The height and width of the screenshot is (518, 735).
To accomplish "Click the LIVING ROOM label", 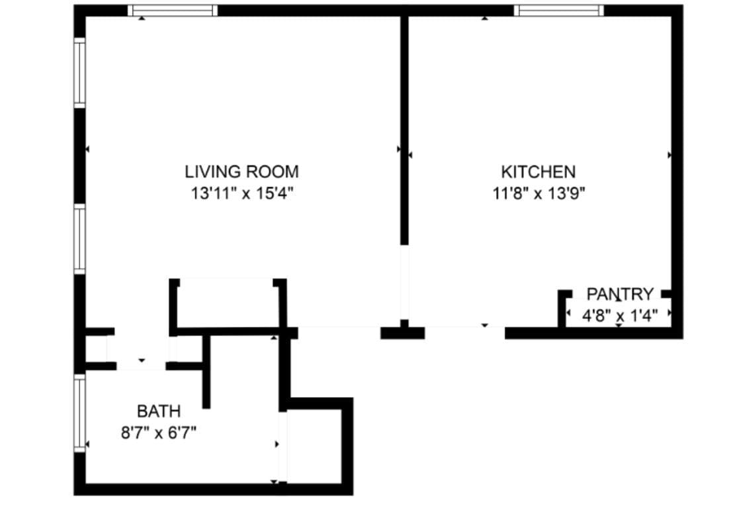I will coord(241,172).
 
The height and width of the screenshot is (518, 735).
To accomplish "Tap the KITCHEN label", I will coord(538,172).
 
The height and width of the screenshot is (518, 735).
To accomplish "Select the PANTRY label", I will coord(620,294).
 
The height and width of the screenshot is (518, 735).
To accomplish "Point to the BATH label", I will coord(158,411).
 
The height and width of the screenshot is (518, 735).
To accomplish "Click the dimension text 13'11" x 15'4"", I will coord(241,194).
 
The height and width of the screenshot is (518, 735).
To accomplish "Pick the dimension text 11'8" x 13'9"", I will coord(538,194).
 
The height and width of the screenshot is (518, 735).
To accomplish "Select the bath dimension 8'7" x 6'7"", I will coord(158,433).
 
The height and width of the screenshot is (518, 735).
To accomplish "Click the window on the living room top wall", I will coord(172,11).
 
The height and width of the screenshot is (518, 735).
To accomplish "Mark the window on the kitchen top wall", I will coord(558,11).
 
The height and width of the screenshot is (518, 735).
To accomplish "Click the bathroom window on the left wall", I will coord(79,413).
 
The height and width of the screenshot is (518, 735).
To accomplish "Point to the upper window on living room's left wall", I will coord(79,72).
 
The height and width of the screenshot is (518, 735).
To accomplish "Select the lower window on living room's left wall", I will coord(79,239).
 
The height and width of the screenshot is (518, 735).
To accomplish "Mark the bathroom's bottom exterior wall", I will coord(212,490).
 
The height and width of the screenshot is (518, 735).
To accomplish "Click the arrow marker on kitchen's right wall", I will coord(670,155).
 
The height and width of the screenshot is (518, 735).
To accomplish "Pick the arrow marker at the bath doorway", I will coord(141,361).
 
